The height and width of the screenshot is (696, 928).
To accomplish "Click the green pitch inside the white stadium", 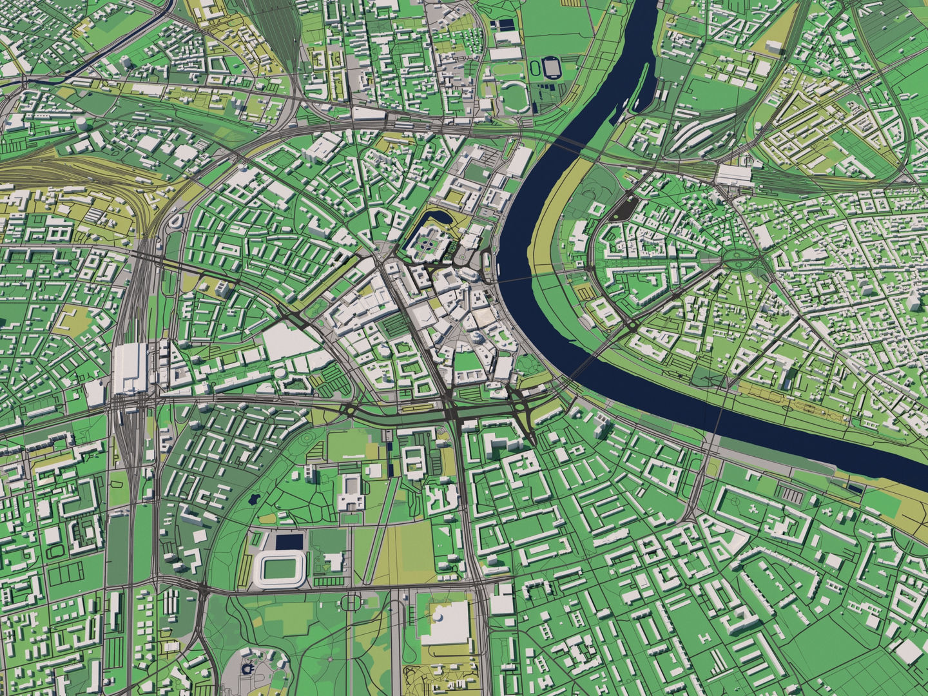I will tap(279, 568).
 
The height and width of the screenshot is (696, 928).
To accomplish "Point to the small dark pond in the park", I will tap(253, 498).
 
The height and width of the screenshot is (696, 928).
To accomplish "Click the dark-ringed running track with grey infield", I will tap(551, 67).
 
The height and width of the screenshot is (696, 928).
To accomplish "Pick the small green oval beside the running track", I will tap(535, 68).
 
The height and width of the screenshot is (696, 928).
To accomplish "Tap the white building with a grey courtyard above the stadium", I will tap(350, 492).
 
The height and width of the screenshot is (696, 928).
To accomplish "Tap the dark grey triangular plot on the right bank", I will tap(623, 207).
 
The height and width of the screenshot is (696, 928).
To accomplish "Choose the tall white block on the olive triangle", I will tap(773, 46).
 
